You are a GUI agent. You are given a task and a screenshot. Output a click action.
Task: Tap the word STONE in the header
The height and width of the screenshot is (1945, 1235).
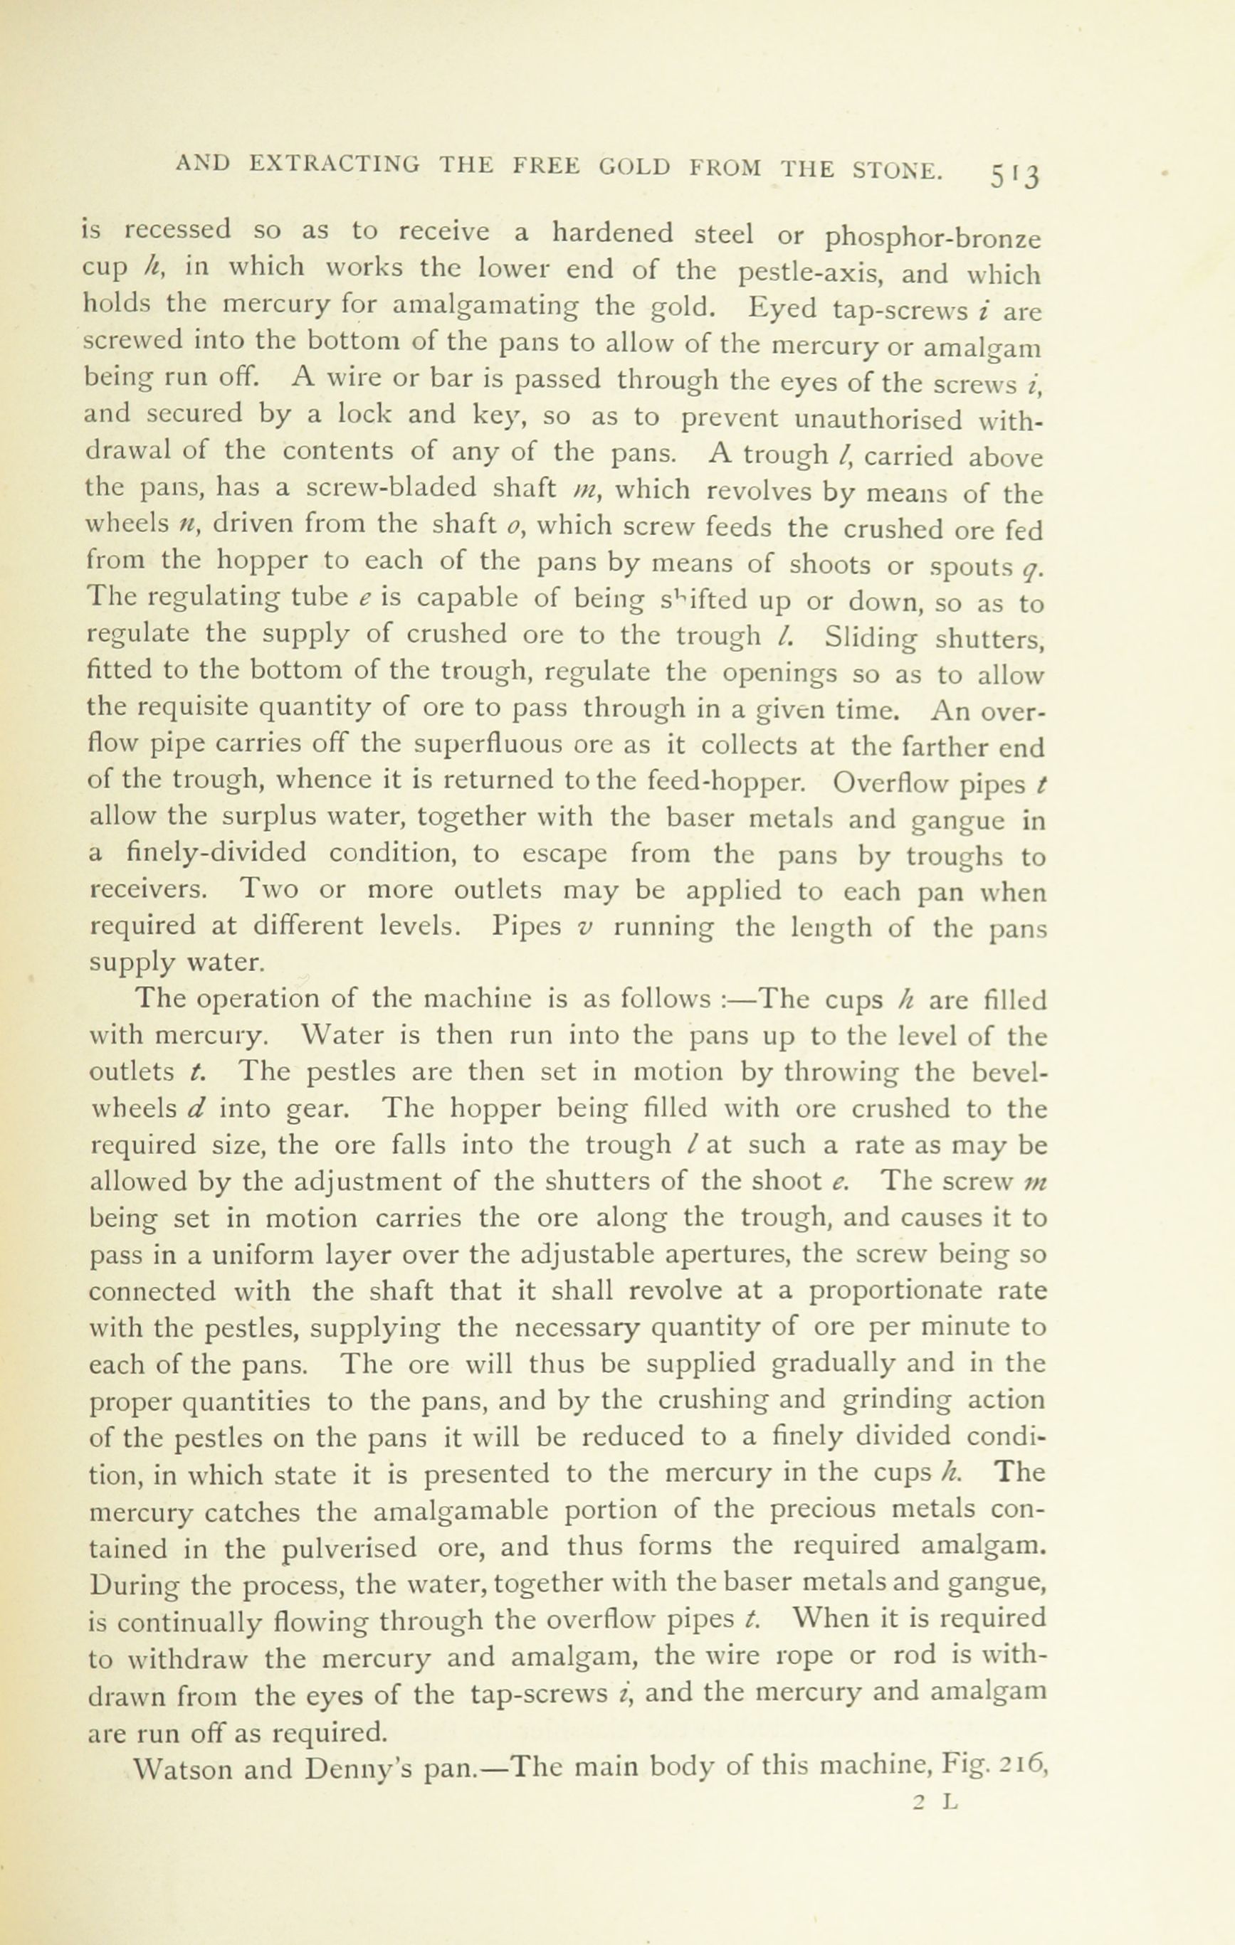coord(896,169)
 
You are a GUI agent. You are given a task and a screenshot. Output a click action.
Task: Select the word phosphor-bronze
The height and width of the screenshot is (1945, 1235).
coord(933,239)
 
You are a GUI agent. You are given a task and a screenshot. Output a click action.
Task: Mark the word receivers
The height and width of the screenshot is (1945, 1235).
coord(149,889)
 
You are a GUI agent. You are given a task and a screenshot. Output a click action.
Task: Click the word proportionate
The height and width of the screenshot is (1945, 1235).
coord(928,1291)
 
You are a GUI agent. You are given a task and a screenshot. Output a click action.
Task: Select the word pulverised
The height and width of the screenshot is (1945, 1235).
coord(350,1547)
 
